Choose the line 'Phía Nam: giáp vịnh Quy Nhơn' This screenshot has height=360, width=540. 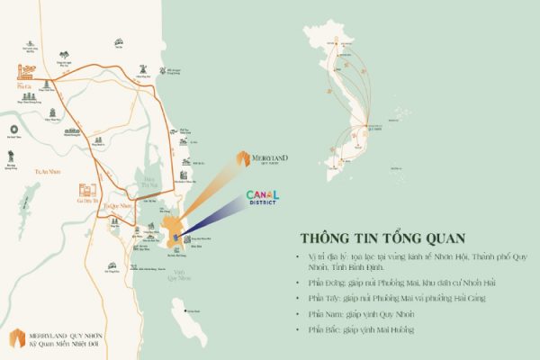tap(360, 315)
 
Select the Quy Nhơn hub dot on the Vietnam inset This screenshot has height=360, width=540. tap(371, 130)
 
